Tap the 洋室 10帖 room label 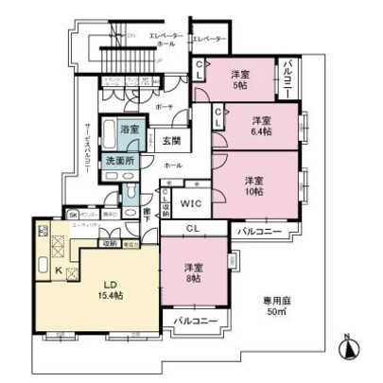[253, 184]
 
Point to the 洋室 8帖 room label [193, 270]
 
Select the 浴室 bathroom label [129, 130]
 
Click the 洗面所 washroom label [129, 161]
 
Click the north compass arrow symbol [348, 345]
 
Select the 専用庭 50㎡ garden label [278, 308]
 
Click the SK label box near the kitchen [71, 215]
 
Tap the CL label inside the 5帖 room [200, 68]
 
